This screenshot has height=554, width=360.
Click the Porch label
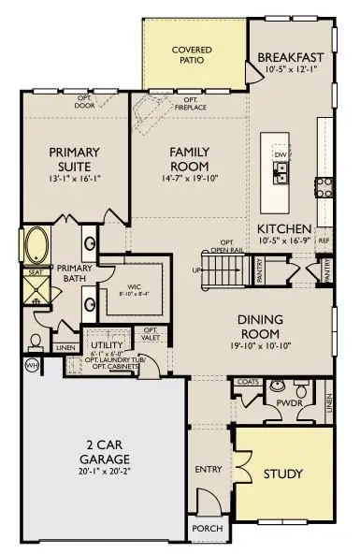207,528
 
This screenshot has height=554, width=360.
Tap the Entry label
207,469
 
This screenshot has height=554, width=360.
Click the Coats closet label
247,381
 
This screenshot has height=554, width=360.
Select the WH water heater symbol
31,364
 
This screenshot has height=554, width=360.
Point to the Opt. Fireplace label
191,102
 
